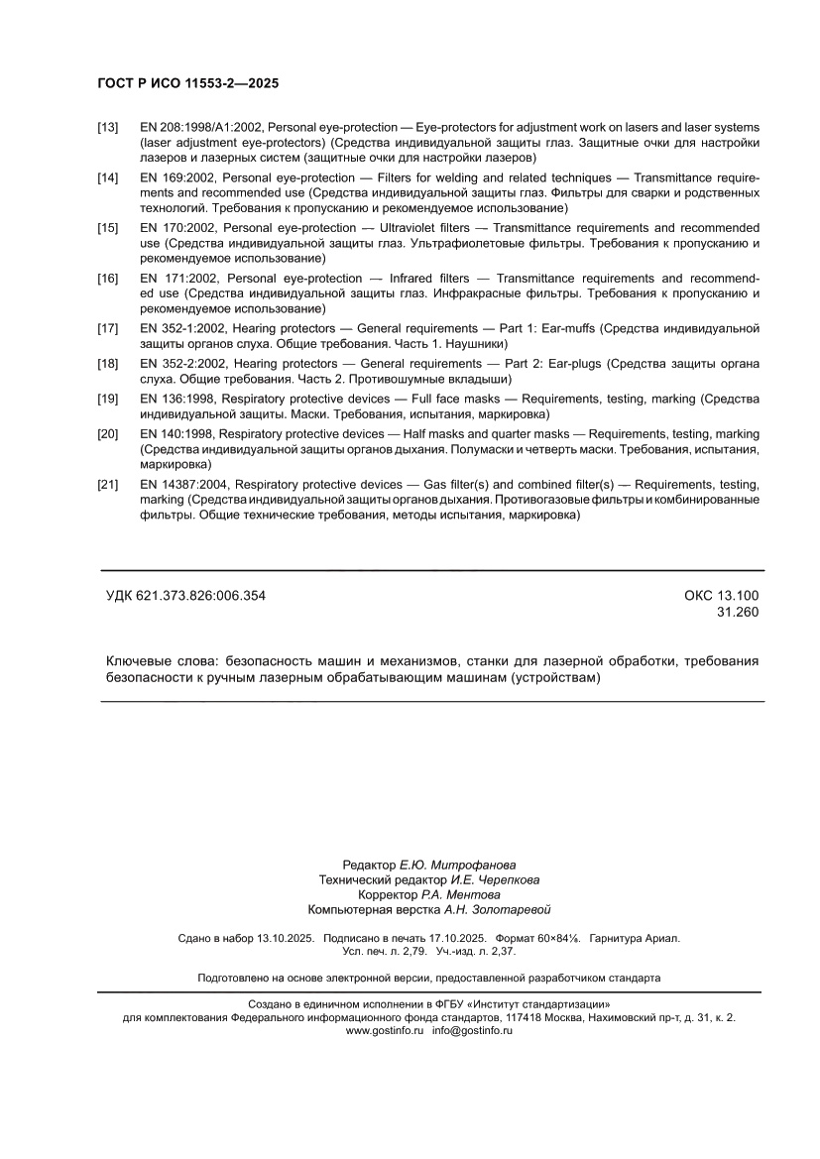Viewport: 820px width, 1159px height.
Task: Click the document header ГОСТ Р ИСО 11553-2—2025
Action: click(187, 84)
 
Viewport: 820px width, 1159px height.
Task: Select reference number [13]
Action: click(108, 128)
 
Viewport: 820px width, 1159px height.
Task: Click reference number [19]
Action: click(108, 399)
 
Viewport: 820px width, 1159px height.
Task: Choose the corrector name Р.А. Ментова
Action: click(461, 894)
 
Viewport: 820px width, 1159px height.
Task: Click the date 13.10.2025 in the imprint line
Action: click(286, 938)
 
